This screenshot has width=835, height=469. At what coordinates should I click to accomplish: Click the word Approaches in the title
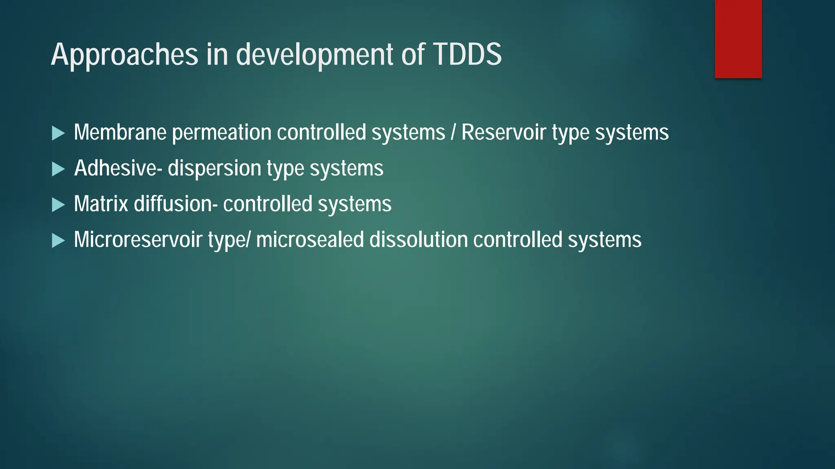click(124, 55)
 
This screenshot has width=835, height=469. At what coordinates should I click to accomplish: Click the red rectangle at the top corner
click(738, 39)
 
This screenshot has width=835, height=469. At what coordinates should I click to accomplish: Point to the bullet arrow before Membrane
click(58, 133)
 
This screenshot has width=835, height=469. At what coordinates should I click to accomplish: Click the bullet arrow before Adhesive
click(58, 169)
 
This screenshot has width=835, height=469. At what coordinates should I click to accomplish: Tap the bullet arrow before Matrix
click(58, 205)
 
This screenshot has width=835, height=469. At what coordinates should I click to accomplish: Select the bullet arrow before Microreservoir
click(58, 241)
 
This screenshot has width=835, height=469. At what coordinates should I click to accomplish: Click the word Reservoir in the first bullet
click(504, 133)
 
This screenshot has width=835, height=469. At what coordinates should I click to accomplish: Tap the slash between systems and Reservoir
click(453, 133)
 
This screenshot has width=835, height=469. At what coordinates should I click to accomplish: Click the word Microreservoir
click(138, 240)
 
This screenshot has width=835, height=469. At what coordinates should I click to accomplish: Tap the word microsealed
click(310, 240)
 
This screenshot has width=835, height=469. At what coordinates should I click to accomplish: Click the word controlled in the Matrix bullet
click(267, 204)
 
